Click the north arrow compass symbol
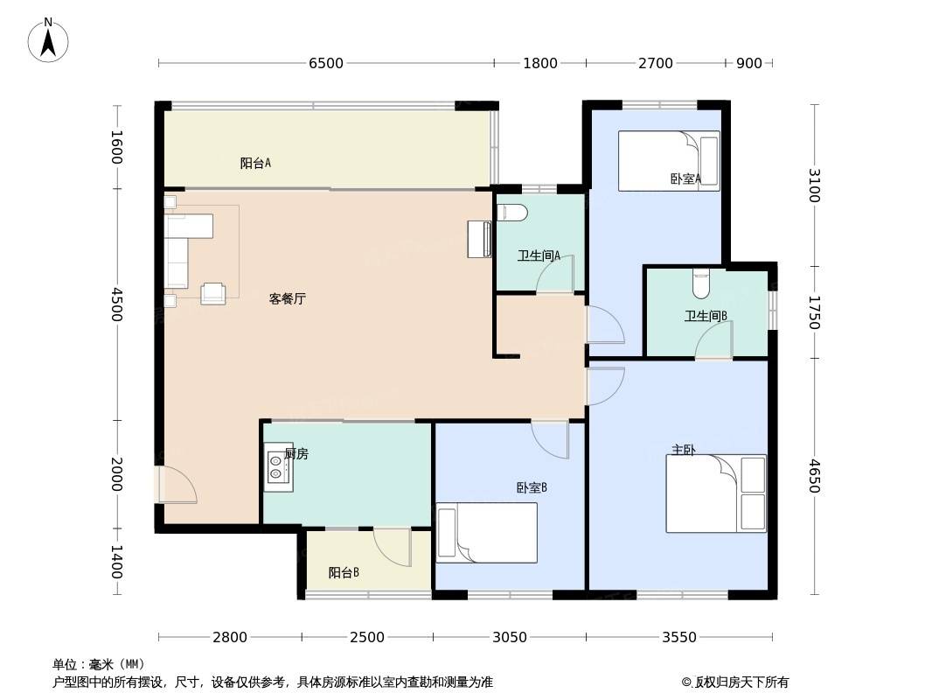tap(48, 40)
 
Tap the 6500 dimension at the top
tap(326, 63)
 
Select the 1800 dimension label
tap(540, 63)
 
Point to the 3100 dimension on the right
tap(814, 185)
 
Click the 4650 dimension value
tap(814, 476)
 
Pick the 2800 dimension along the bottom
tap(230, 637)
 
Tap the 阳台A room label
tap(255, 163)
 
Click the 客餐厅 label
tap(287, 298)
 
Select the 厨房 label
tap(296, 454)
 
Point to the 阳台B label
tap(344, 573)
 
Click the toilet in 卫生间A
tap(511, 213)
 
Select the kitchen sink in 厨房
tap(278, 467)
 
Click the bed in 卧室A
tap(669, 161)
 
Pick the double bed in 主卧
tap(716, 493)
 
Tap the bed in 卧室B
tap(487, 533)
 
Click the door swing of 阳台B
tap(393, 547)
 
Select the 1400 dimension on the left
tap(117, 562)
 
